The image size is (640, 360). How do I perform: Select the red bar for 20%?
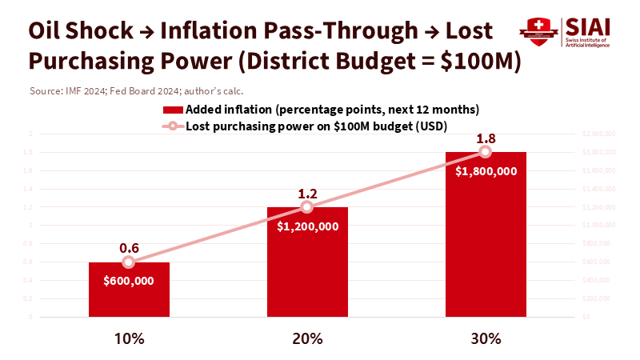[x=307, y=264]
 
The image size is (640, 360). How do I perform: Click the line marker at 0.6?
[x=129, y=262]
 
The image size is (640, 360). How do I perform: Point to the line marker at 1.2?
[x=307, y=207]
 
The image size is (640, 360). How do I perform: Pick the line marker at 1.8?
[x=486, y=152]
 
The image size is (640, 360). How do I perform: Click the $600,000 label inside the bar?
[x=129, y=281]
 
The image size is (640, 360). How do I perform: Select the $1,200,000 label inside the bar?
[x=307, y=226]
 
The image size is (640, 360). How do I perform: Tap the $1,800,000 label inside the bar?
[x=486, y=170]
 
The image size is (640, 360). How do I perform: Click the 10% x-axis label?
[x=129, y=338]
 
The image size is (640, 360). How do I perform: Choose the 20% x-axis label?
[x=307, y=338]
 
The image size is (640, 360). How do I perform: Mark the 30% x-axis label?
[x=486, y=338]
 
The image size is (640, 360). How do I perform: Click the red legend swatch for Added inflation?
[x=172, y=109]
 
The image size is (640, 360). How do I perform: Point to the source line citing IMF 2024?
[x=136, y=90]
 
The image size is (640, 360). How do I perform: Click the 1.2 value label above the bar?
[x=307, y=192]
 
